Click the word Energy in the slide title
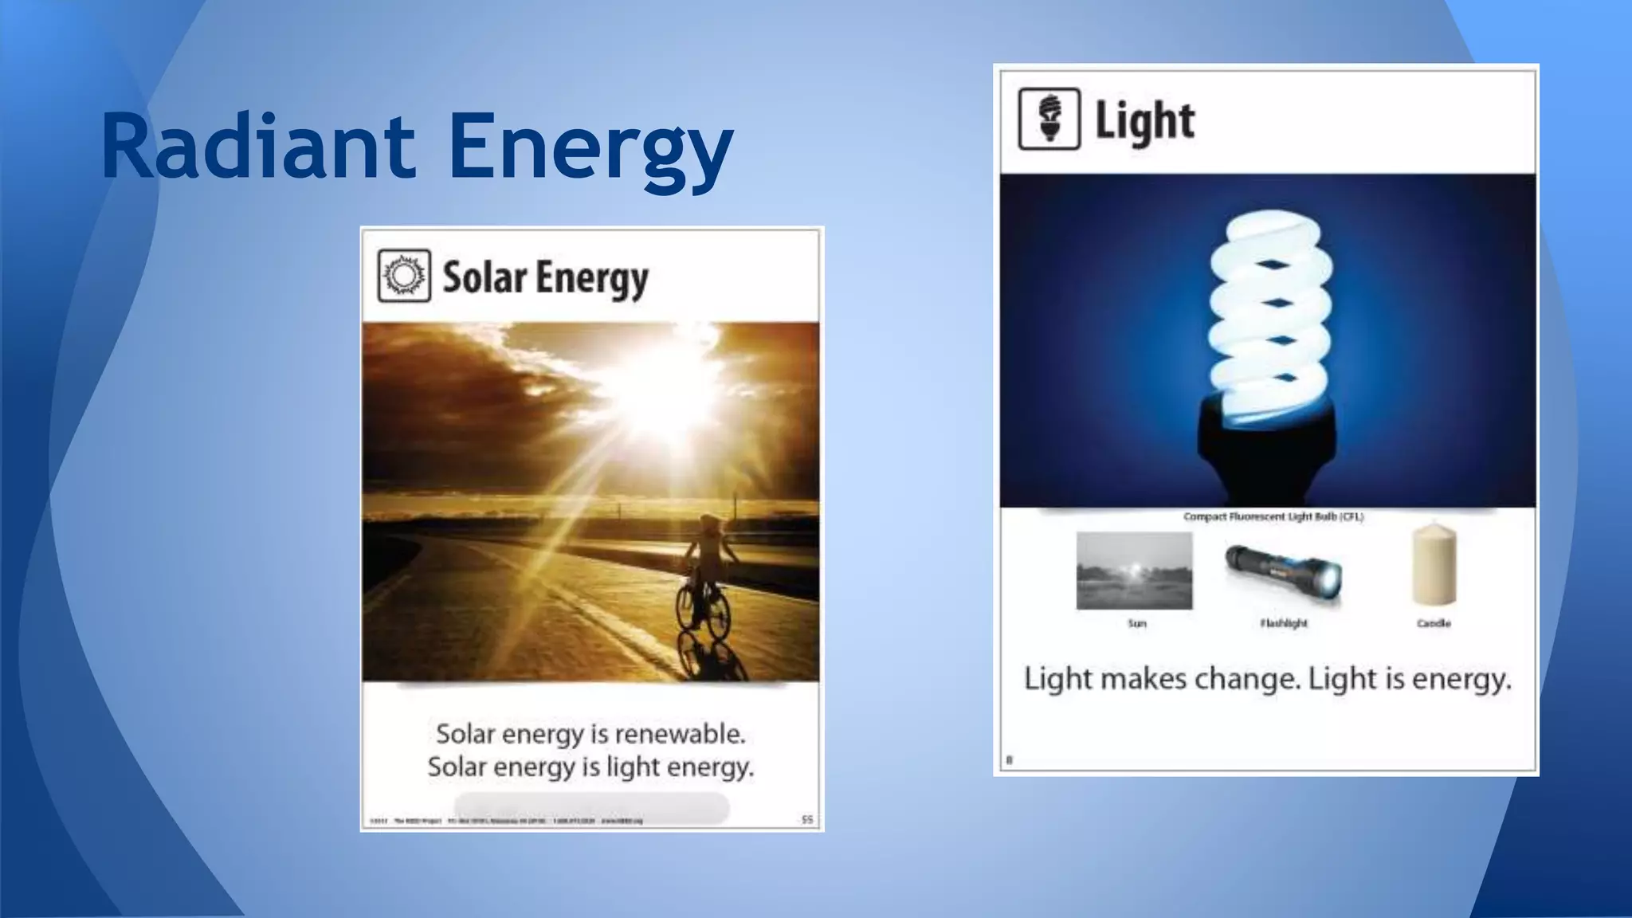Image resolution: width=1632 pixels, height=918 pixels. [x=590, y=150]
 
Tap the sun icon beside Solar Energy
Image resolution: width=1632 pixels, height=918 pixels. [x=404, y=276]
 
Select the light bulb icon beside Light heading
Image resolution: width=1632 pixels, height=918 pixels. [x=1049, y=119]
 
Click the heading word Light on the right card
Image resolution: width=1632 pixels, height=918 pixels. [x=1144, y=121]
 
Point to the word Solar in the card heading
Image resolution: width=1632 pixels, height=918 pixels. [x=484, y=277]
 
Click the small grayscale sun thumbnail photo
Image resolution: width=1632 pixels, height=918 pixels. [x=1134, y=571]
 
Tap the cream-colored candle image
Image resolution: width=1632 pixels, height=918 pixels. [x=1434, y=565]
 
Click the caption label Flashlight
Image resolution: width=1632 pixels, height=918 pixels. [x=1283, y=623]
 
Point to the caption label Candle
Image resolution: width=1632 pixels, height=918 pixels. [x=1434, y=623]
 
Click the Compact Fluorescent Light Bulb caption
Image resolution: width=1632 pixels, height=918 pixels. [x=1273, y=516]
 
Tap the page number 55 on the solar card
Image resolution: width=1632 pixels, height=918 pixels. [x=806, y=819]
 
